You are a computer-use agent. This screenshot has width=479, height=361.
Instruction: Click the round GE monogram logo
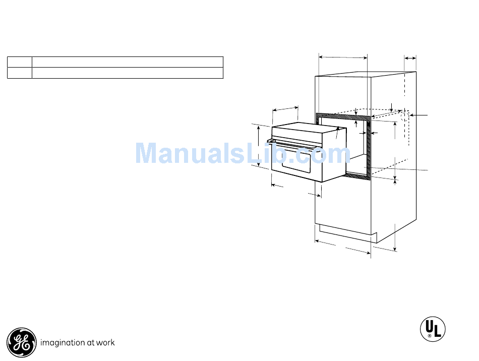(x=22, y=343)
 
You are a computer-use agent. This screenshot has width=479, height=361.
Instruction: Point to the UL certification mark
(x=433, y=328)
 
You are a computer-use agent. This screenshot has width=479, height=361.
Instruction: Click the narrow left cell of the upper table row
(x=19, y=62)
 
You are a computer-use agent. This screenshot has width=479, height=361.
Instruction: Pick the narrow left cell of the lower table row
(x=19, y=73)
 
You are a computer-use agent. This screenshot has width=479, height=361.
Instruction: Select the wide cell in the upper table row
(x=128, y=62)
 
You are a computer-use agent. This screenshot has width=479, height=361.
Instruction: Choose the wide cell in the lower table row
(x=128, y=73)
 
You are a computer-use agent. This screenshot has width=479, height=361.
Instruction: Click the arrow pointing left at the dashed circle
(x=420, y=115)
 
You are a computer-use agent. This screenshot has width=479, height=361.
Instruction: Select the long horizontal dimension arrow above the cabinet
(x=343, y=57)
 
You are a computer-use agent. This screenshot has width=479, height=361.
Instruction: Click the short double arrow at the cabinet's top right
(x=410, y=59)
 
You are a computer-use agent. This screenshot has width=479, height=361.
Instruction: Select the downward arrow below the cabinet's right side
(x=395, y=242)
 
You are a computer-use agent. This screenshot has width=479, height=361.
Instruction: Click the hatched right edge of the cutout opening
(x=370, y=151)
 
